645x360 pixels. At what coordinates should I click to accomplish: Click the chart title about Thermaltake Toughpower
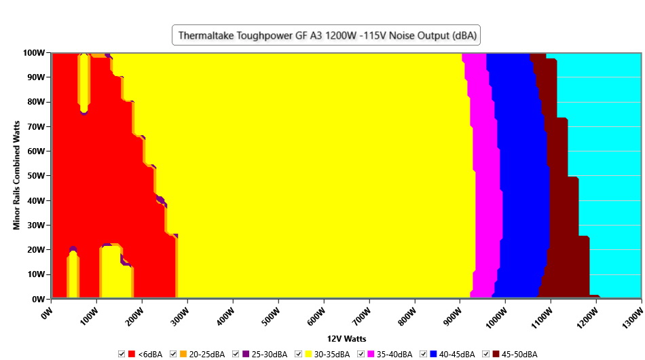pos(326,36)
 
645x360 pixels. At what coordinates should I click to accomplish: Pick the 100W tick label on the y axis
pos(33,53)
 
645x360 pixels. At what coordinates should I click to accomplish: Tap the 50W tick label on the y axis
pos(35,176)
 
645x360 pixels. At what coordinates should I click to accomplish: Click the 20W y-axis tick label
pos(35,250)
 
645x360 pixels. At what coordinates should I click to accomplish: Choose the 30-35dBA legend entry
pos(331,355)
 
